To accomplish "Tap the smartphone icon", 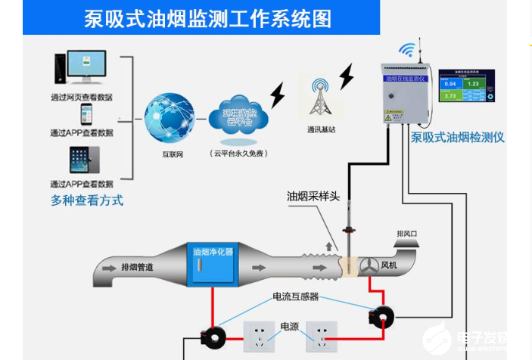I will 86,114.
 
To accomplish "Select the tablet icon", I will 84,160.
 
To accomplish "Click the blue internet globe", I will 170,118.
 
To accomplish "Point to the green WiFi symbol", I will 409,50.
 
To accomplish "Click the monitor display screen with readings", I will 466,86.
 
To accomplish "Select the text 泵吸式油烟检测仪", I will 457,138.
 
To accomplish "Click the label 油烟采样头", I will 313,196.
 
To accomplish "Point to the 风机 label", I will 389,265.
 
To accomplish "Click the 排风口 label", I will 407,234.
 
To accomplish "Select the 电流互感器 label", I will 295,296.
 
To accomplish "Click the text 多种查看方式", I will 87,200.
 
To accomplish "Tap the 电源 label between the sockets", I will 290,327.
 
